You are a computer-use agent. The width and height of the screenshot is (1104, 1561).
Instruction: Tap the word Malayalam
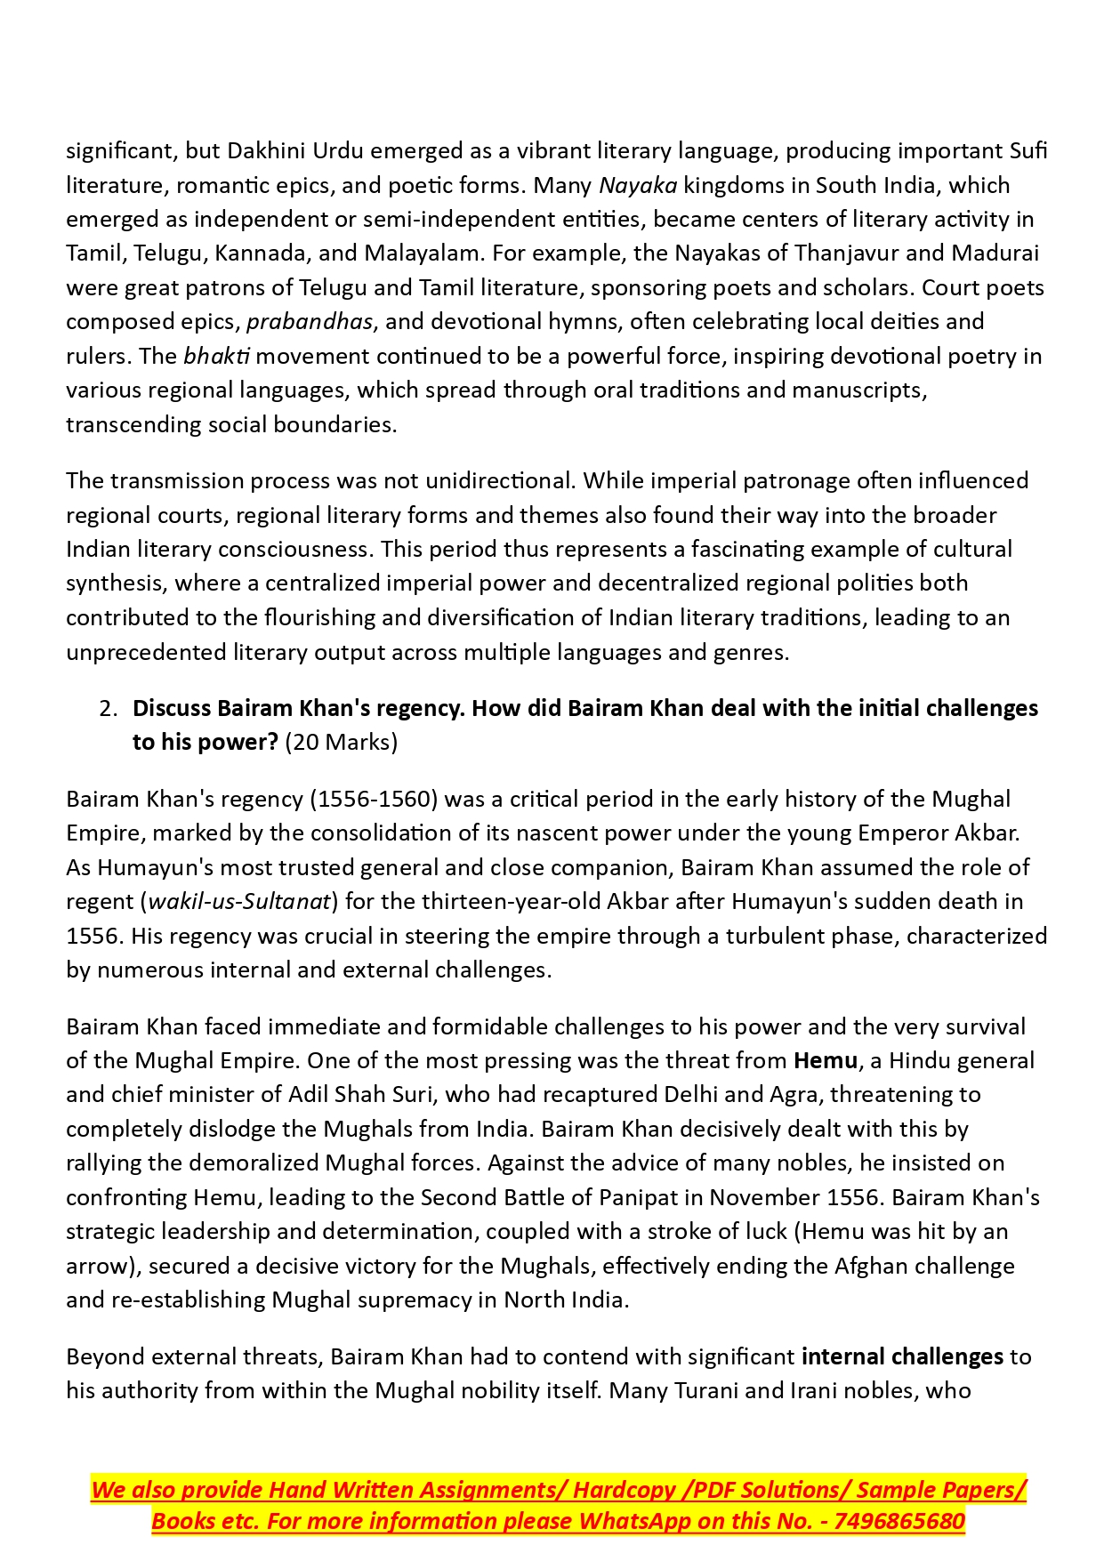[x=423, y=253]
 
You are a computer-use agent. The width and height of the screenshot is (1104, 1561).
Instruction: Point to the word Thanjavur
[x=856, y=253]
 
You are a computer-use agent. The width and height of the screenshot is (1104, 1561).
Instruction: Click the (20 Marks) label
[x=341, y=743]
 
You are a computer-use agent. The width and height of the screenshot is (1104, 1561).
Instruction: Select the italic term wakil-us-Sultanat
[x=239, y=902]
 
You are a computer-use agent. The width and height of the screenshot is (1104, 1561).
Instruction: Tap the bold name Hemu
[x=825, y=1061]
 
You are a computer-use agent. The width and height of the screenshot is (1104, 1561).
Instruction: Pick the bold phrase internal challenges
[x=902, y=1357]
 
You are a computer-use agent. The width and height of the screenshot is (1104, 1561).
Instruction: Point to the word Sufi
[x=1028, y=151]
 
